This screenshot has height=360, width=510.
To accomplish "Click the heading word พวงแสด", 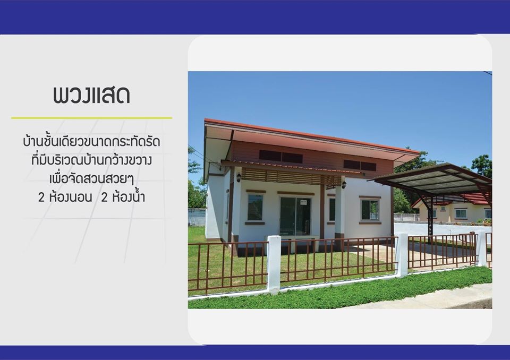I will (91, 95).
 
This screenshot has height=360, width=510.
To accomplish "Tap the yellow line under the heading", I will (91, 118).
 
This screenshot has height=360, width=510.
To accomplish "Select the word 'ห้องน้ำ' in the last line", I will (126, 198).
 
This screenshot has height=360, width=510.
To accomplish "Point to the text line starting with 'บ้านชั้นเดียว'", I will (91, 142).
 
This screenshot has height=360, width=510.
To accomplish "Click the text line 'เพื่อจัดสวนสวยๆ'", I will (91, 178).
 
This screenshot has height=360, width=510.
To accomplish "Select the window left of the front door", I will (255, 207).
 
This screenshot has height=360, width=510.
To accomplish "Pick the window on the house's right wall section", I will (370, 209).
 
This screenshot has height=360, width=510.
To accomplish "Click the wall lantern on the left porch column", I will (239, 177).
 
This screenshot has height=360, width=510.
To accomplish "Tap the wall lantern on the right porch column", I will (344, 184).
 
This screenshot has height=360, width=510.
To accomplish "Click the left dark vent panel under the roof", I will (280, 157).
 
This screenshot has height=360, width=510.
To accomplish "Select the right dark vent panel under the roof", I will (360, 165).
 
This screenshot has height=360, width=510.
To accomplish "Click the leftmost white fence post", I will (274, 264).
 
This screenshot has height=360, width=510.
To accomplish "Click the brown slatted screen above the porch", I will (290, 176).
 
